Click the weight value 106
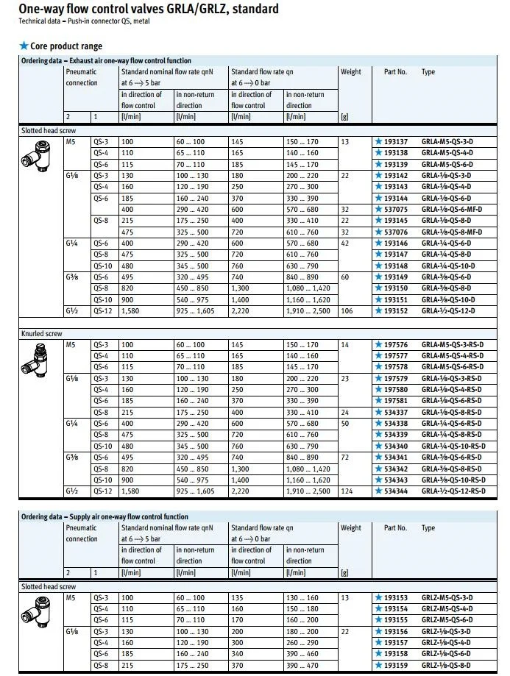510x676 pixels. point(347,310)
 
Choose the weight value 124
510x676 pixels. point(347,491)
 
